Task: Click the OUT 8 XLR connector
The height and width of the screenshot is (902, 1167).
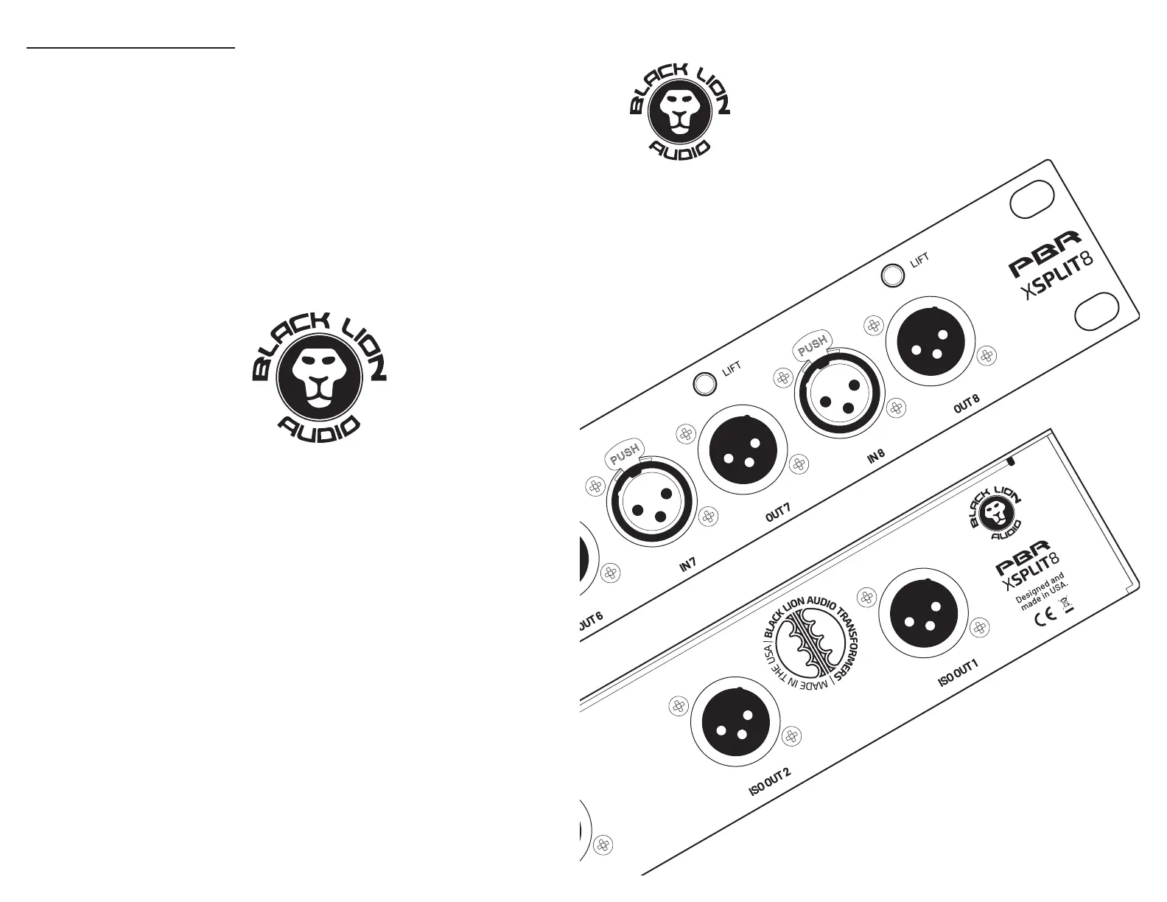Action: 930,342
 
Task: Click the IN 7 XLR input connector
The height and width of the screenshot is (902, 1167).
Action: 651,504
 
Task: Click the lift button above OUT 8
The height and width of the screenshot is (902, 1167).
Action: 894,275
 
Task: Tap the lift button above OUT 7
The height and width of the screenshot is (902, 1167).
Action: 705,383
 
